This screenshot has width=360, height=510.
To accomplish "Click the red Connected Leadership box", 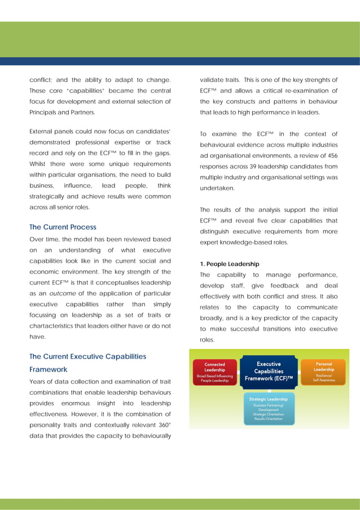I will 214,372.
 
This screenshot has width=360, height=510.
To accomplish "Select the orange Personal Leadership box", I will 324,372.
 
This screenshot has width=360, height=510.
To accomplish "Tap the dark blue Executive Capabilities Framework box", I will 269,372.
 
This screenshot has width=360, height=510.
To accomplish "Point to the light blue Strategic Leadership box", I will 269,409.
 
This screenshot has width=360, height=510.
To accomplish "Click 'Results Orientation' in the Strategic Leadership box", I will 269,419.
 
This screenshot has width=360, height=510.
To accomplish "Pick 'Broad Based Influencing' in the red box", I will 214,376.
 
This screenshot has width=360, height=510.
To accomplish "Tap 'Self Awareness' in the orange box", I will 324,381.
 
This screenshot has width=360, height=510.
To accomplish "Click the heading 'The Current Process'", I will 63,227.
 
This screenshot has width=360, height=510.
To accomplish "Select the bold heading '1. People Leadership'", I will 230,264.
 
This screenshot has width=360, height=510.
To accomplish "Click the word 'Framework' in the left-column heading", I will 48,369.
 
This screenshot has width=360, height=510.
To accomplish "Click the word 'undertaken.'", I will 219,188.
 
